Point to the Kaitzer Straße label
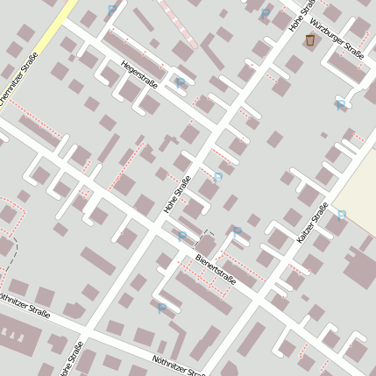(x=312, y=223)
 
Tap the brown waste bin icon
(x=309, y=40)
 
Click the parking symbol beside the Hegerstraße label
(x=181, y=83)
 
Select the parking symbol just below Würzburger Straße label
(x=340, y=104)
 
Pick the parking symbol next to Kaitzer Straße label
(x=342, y=214)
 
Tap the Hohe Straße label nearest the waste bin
(x=301, y=18)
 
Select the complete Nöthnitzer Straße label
(x=181, y=365)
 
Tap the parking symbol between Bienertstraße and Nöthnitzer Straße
(x=161, y=308)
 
